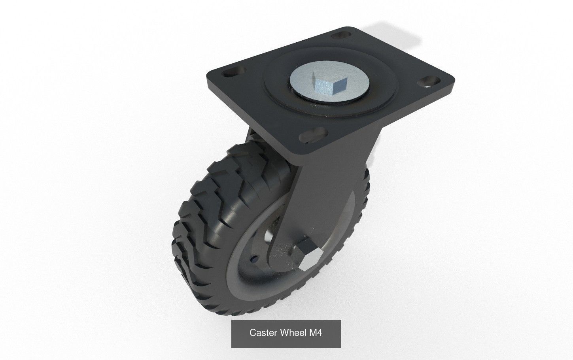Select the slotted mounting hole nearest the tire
coord(311,135)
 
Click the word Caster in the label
coord(263,333)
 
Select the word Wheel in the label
coord(293,333)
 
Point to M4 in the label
coord(316,333)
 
